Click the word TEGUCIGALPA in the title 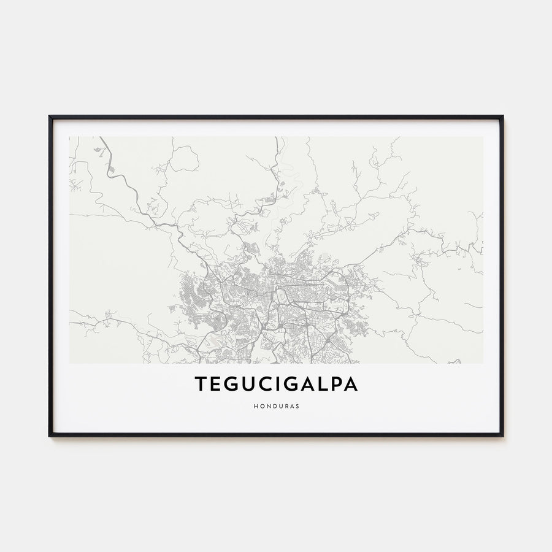[x=276, y=384]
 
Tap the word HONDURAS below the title [x=276, y=405]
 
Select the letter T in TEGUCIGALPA [x=201, y=384]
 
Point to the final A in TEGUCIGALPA [x=353, y=384]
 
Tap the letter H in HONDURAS [x=255, y=405]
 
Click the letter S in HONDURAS [x=297, y=405]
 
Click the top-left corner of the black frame [x=50, y=116]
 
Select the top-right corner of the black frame [x=502, y=116]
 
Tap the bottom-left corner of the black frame [x=50, y=435]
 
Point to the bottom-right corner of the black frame [x=502, y=435]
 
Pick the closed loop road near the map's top [x=184, y=158]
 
